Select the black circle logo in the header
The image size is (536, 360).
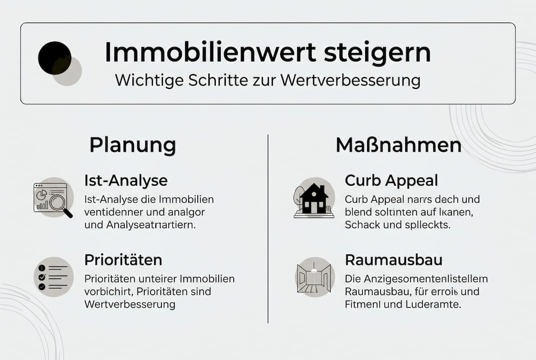pos(54,58)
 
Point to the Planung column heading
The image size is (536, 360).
pos(132,145)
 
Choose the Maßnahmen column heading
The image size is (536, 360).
pos(398,145)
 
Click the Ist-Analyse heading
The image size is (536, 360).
pos(126,180)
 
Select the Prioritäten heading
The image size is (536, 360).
pos(123,260)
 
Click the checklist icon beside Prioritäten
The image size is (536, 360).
pos(53,277)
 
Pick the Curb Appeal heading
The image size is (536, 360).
pos(391,180)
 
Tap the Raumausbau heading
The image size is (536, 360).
pos(387,260)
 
